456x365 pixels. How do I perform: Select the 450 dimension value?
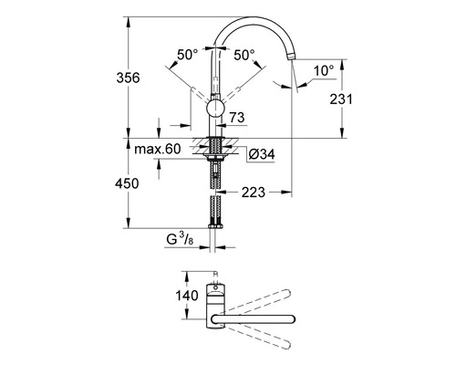tap(129, 183)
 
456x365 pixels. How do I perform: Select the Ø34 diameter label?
tap(262, 154)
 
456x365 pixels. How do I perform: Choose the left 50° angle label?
tap(188, 55)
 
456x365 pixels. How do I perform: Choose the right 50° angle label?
tap(244, 55)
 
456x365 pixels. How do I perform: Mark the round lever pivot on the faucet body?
tap(214, 110)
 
